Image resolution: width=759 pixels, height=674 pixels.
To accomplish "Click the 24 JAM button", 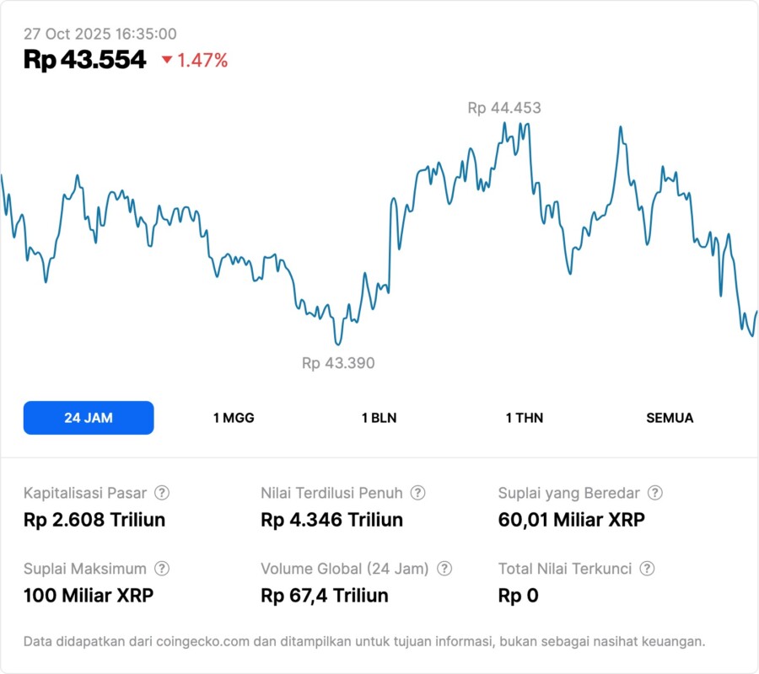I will [x=89, y=418].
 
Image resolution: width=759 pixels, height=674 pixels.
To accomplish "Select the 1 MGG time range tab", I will [x=234, y=418].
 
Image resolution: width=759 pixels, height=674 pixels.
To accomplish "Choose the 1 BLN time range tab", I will [x=379, y=418].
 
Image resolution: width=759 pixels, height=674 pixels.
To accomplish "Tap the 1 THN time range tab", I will [x=525, y=418].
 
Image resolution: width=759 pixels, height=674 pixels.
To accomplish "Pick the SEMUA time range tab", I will [x=670, y=418].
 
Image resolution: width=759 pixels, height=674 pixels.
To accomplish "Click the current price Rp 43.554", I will [x=84, y=60].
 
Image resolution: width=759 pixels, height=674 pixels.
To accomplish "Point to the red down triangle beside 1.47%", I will [x=166, y=60].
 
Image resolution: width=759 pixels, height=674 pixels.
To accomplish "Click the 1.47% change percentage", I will [x=202, y=60].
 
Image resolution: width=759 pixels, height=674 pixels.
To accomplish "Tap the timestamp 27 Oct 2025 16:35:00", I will [x=100, y=34].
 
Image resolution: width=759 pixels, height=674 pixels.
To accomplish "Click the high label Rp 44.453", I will [x=504, y=108].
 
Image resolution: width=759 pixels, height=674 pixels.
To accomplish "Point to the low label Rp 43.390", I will [x=338, y=363].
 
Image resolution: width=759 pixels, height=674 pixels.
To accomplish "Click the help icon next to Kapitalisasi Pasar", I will [x=162, y=493].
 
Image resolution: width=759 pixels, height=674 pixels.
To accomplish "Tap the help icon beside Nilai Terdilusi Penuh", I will [x=417, y=493].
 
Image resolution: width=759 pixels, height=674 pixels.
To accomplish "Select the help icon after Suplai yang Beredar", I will [x=654, y=493].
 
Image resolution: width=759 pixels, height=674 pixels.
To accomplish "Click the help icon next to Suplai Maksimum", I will [x=162, y=569].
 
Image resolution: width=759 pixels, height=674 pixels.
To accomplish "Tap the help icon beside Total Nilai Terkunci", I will [x=647, y=569].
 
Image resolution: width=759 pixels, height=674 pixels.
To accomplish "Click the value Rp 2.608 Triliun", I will [x=94, y=520].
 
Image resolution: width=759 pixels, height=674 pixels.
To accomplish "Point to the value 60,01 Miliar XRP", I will [x=571, y=520].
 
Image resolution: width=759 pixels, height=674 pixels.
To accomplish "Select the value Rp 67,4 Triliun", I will [x=325, y=596].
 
